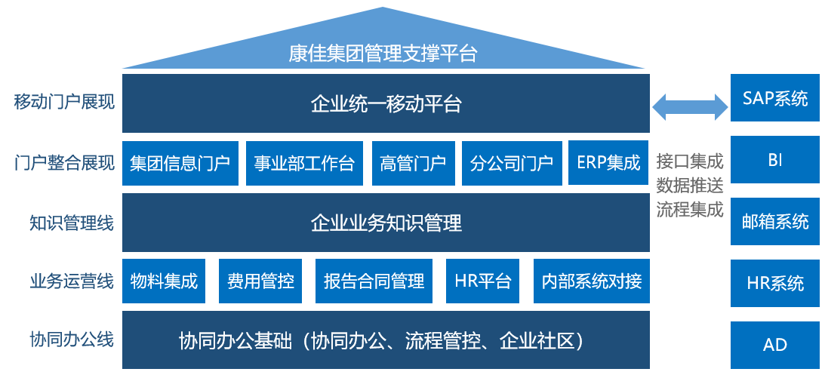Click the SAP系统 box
click(x=774, y=97)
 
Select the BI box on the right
click(x=774, y=160)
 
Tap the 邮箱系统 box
click(x=774, y=221)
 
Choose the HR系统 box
click(x=774, y=283)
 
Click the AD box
click(x=774, y=345)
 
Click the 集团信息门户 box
click(x=180, y=163)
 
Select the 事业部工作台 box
click(x=304, y=163)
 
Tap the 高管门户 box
click(x=413, y=163)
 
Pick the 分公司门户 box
click(x=511, y=163)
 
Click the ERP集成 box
click(x=608, y=163)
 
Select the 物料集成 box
click(x=164, y=281)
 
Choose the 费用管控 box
click(x=260, y=281)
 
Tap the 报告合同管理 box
click(x=374, y=281)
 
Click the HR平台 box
click(x=483, y=281)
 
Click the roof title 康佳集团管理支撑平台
click(x=383, y=54)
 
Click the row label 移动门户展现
click(x=65, y=101)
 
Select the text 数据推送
click(x=689, y=185)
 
